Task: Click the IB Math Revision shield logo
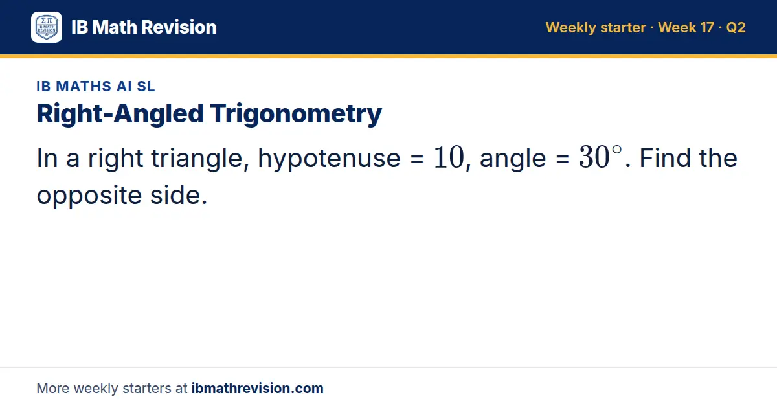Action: point(47,27)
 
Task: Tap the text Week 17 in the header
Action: point(686,27)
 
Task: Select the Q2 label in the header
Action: point(736,28)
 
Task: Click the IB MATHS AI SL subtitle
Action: point(96,86)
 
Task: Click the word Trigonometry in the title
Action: point(296,114)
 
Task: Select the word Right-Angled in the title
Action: point(120,114)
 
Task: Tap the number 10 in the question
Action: point(449,158)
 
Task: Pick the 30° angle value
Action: point(600,157)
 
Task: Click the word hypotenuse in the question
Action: point(329,159)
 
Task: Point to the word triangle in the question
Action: point(197,159)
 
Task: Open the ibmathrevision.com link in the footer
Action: point(258,388)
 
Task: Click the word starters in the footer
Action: point(147,389)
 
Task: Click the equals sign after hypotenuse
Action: point(417,159)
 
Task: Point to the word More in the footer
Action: point(52,388)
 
